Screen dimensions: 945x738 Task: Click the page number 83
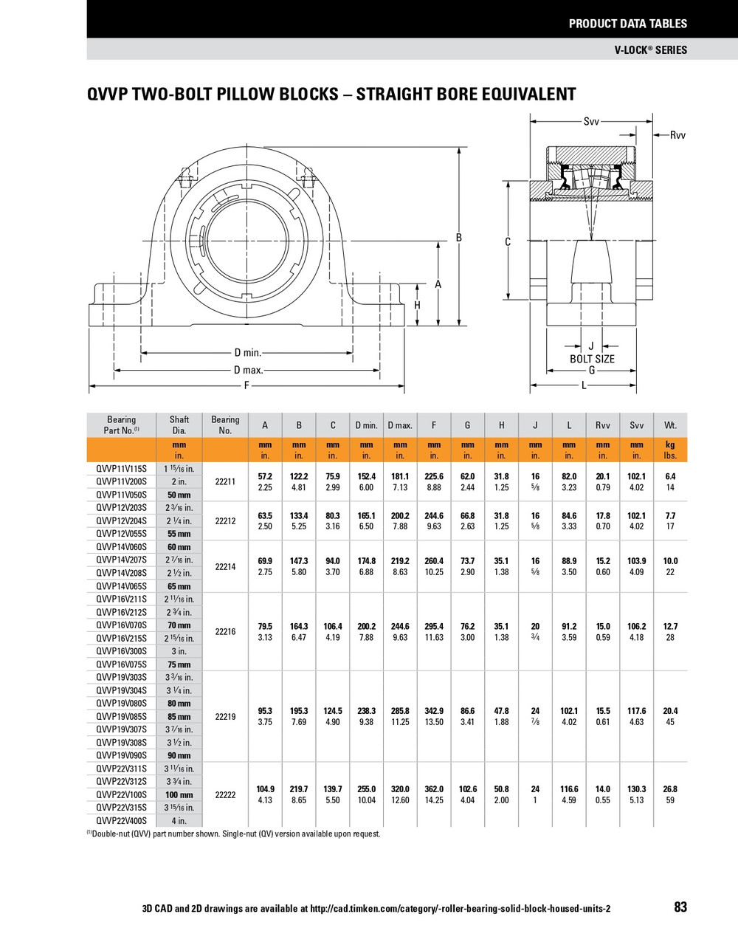[680, 907]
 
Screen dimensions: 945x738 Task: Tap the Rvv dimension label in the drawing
[678, 135]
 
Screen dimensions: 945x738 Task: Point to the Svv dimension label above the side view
[591, 121]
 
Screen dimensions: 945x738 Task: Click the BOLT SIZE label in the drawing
[592, 359]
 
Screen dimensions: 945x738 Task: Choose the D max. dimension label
[248, 370]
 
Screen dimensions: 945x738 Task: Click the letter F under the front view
[247, 386]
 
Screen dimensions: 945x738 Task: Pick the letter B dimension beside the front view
[458, 237]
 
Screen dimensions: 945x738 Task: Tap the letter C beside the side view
[508, 241]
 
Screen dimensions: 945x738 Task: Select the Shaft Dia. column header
[179, 425]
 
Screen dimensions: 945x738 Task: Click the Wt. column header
[670, 425]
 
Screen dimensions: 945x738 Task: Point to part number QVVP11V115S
[121, 469]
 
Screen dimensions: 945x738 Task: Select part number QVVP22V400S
[121, 820]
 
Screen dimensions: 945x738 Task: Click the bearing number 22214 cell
[225, 566]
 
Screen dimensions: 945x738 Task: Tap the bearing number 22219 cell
[225, 716]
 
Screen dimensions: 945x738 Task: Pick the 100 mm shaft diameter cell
[179, 794]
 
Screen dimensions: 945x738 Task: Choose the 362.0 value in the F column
[434, 788]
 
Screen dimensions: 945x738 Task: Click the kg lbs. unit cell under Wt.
[670, 450]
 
